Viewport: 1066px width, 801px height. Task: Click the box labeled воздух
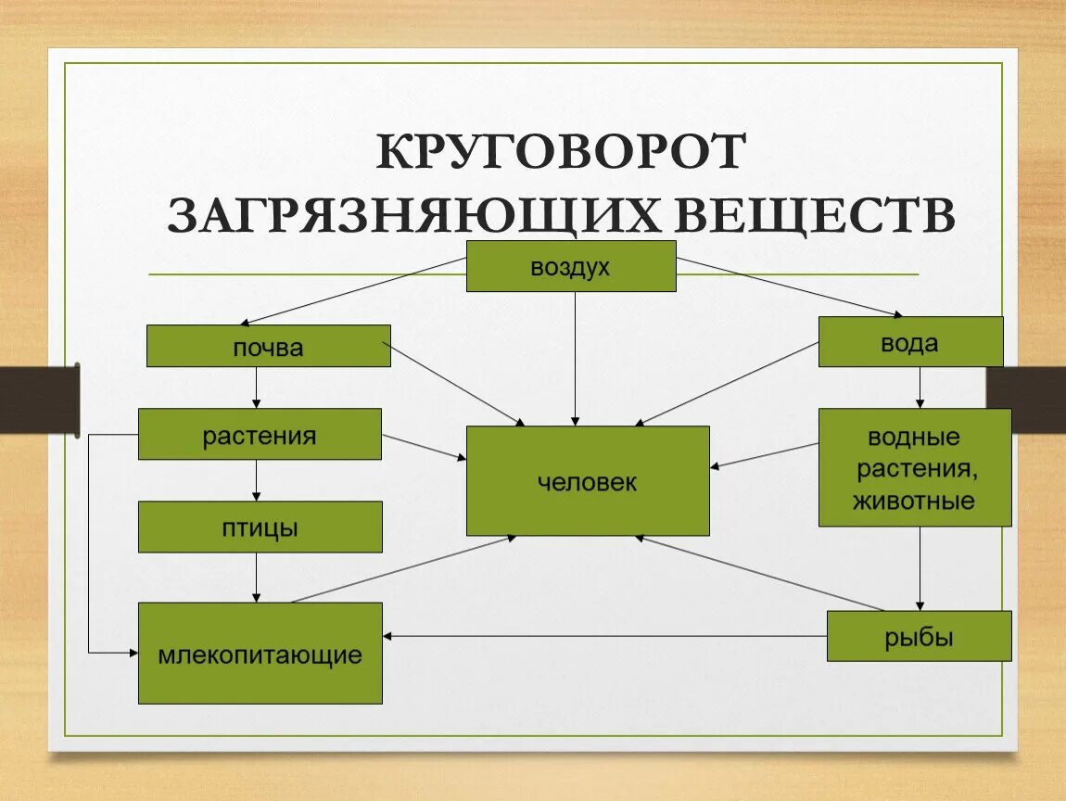tap(570, 266)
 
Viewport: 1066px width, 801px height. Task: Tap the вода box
tap(910, 342)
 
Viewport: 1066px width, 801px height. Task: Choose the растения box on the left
tap(260, 434)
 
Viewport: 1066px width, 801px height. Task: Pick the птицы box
tap(260, 527)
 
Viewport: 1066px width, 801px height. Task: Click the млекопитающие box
tap(260, 653)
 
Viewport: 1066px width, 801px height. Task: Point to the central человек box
tap(588, 480)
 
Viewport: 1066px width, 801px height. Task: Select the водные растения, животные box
tap(914, 467)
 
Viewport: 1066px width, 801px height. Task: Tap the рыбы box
tap(919, 636)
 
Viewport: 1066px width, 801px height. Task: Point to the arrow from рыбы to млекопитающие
tap(603, 636)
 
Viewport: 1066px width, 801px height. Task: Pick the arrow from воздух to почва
tap(352, 291)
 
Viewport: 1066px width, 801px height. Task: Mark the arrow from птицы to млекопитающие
tap(257, 578)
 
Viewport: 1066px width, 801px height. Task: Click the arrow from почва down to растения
tap(257, 388)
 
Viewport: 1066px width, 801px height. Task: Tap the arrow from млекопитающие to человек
tap(403, 569)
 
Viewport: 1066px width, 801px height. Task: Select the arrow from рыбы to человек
tap(760, 573)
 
